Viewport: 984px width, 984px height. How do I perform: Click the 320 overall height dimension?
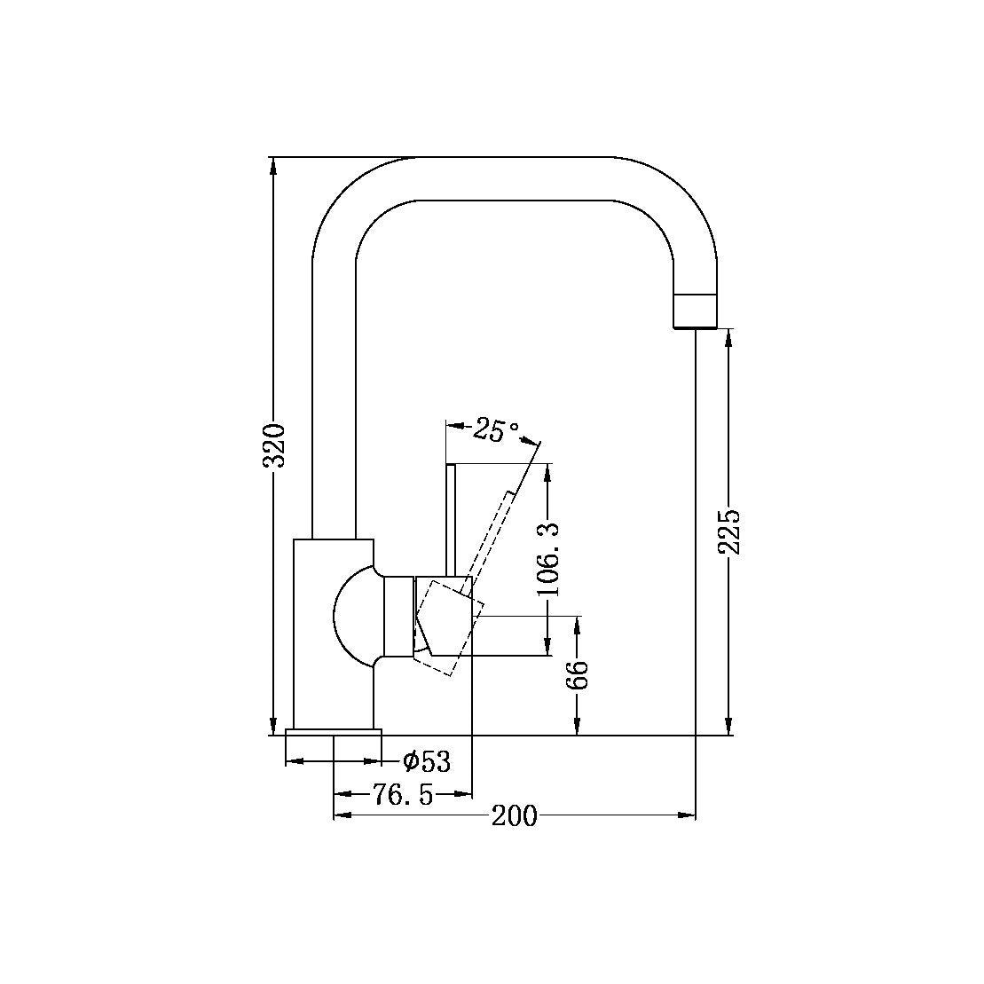pos(276,445)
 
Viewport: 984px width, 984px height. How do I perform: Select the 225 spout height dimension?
pos(729,531)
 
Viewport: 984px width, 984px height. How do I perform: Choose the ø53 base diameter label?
pos(426,761)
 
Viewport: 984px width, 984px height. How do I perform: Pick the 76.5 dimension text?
pos(402,795)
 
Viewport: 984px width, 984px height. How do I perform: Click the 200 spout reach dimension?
pos(515,815)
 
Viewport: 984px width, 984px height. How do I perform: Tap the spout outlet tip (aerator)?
pos(695,310)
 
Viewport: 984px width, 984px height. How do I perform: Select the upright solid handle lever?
pos(451,519)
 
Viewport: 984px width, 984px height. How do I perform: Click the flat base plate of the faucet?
pos(334,732)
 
